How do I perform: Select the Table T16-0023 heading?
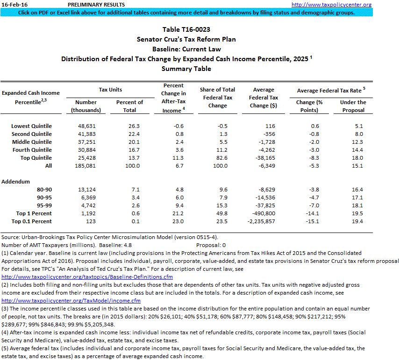[x=186, y=29]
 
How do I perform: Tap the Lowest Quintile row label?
[x=32, y=126]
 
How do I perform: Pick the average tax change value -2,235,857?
[x=265, y=221]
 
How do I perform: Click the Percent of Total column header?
[x=129, y=106]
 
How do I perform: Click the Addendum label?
[x=15, y=181]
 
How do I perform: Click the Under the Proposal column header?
[x=353, y=106]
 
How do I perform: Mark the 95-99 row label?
[x=44, y=205]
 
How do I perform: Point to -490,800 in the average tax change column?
[x=267, y=213]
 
